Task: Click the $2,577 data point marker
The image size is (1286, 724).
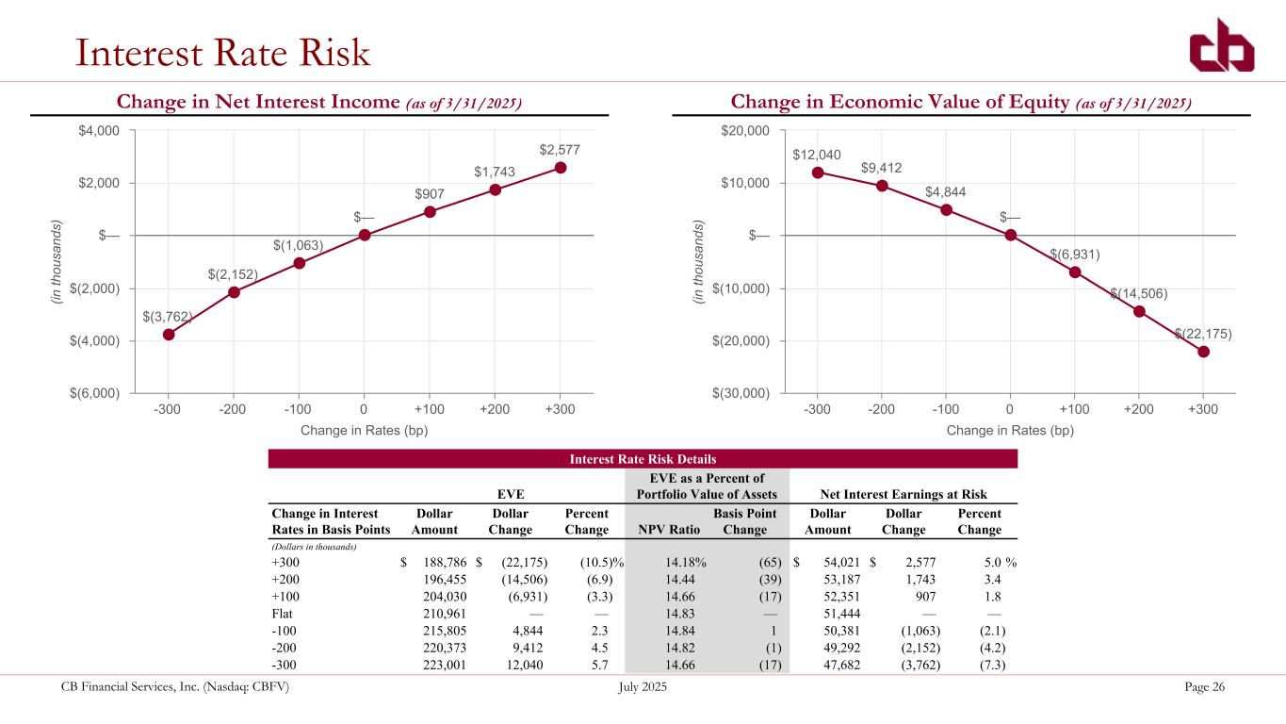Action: click(561, 168)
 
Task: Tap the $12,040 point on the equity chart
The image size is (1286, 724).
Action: click(818, 173)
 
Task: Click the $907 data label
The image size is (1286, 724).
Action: click(430, 194)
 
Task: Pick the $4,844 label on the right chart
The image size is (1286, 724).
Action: click(945, 191)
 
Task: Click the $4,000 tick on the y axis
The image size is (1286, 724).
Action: click(100, 130)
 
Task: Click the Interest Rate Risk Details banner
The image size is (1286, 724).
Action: click(643, 459)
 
